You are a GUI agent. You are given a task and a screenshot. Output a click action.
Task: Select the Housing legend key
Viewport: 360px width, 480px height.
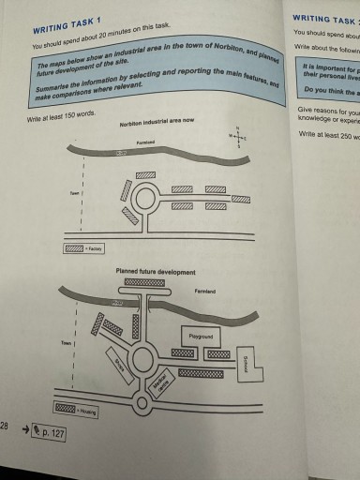[x=66, y=410]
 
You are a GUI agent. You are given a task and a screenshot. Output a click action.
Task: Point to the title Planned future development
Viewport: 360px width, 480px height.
[x=156, y=272]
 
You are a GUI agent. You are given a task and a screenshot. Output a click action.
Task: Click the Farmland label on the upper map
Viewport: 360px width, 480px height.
[x=146, y=142]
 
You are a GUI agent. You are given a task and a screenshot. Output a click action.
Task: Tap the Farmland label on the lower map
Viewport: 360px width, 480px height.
[x=204, y=292]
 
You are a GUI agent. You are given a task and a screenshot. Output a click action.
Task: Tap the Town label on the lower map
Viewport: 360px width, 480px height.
[x=67, y=344]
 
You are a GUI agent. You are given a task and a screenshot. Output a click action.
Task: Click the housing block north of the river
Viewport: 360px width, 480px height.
[x=144, y=281]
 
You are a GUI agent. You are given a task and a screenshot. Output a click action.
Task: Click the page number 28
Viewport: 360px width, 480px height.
[x=5, y=427]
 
